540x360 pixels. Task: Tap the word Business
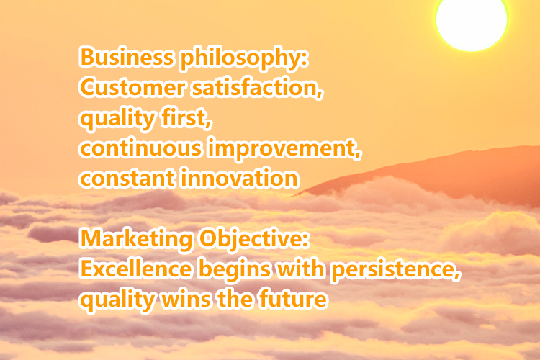(x=127, y=57)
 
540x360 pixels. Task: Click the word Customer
(x=132, y=87)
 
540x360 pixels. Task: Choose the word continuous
(x=140, y=148)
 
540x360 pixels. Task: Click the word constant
(x=127, y=179)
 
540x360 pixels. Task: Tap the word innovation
(x=239, y=178)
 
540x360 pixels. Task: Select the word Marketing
(x=136, y=240)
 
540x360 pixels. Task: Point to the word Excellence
(x=135, y=269)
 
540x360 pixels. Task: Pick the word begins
(x=235, y=271)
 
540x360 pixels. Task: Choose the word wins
(x=186, y=299)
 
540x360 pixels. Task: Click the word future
(x=292, y=299)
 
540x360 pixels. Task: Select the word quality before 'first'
(x=117, y=120)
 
